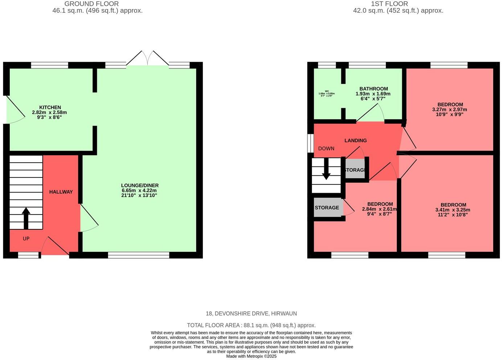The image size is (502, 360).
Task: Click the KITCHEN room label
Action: tap(50, 107)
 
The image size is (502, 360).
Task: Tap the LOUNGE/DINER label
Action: tap(140, 185)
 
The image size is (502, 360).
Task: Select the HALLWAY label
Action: tap(61, 192)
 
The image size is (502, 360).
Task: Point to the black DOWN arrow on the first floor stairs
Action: tap(326, 169)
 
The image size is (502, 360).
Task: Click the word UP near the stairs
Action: tap(26, 239)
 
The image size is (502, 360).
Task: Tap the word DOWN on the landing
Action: tap(326, 148)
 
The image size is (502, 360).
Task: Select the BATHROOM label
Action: tap(373, 89)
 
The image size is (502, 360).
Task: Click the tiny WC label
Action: tap(326, 91)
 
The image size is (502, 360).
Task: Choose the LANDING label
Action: tap(355, 140)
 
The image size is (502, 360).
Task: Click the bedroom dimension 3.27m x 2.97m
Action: tap(449, 110)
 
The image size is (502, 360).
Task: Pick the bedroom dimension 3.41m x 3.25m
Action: tap(453, 210)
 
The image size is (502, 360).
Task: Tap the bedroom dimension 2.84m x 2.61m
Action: tap(379, 209)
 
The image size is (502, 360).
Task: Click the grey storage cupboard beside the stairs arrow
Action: tap(355, 170)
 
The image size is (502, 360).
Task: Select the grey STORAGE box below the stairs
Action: tap(327, 208)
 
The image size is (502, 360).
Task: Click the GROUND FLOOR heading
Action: tap(91, 4)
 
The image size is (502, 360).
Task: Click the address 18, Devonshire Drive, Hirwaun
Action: tap(251, 314)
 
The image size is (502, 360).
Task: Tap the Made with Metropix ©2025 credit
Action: tap(251, 356)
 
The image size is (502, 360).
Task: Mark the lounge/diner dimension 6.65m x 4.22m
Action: tap(139, 191)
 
